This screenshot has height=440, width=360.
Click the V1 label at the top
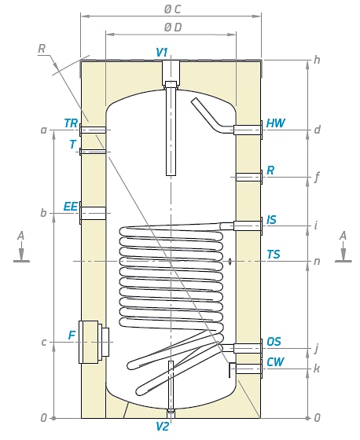(162, 53)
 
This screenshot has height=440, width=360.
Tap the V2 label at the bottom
(163, 427)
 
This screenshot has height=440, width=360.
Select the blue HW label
(275, 123)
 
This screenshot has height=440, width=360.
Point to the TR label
(71, 123)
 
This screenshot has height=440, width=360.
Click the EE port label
(71, 207)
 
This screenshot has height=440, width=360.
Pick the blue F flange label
(72, 335)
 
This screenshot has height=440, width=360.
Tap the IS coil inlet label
(271, 220)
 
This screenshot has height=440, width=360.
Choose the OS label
(274, 342)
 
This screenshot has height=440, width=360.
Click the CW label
(275, 362)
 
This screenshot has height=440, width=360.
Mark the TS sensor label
(274, 255)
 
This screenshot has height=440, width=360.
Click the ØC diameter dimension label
(172, 9)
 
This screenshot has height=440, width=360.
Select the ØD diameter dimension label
(173, 27)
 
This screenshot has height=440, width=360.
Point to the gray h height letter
(317, 60)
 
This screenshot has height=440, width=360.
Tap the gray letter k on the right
(317, 368)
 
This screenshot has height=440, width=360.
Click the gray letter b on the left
(43, 213)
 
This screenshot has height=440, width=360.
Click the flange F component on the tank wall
(94, 342)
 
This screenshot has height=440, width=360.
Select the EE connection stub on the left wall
(93, 213)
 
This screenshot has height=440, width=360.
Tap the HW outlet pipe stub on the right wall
(248, 130)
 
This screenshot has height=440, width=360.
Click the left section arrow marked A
(21, 248)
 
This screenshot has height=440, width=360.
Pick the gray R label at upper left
(42, 49)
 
